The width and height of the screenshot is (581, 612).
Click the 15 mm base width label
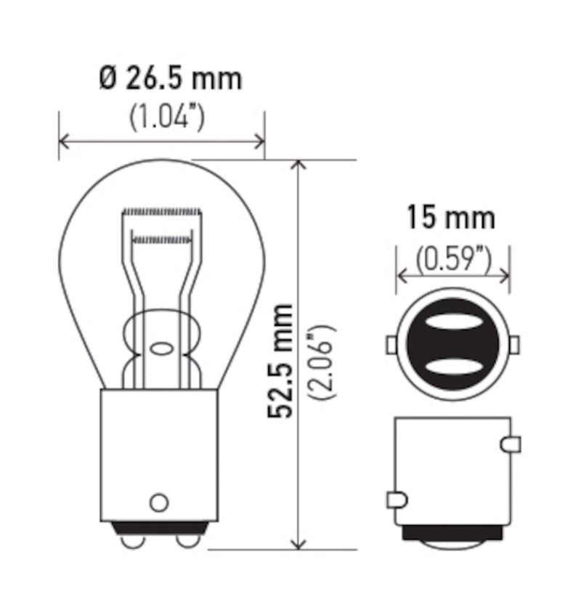pyautogui.click(x=450, y=217)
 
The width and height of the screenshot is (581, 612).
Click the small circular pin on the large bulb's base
pyautogui.click(x=159, y=502)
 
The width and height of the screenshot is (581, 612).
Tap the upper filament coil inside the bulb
pyautogui.click(x=161, y=212)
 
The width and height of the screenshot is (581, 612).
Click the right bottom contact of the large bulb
pyautogui.click(x=187, y=541)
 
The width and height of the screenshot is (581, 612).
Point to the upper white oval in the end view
pyautogui.click(x=452, y=322)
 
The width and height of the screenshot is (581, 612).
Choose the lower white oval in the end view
pyautogui.click(x=452, y=365)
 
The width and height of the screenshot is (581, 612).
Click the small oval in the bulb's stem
pyautogui.click(x=161, y=346)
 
